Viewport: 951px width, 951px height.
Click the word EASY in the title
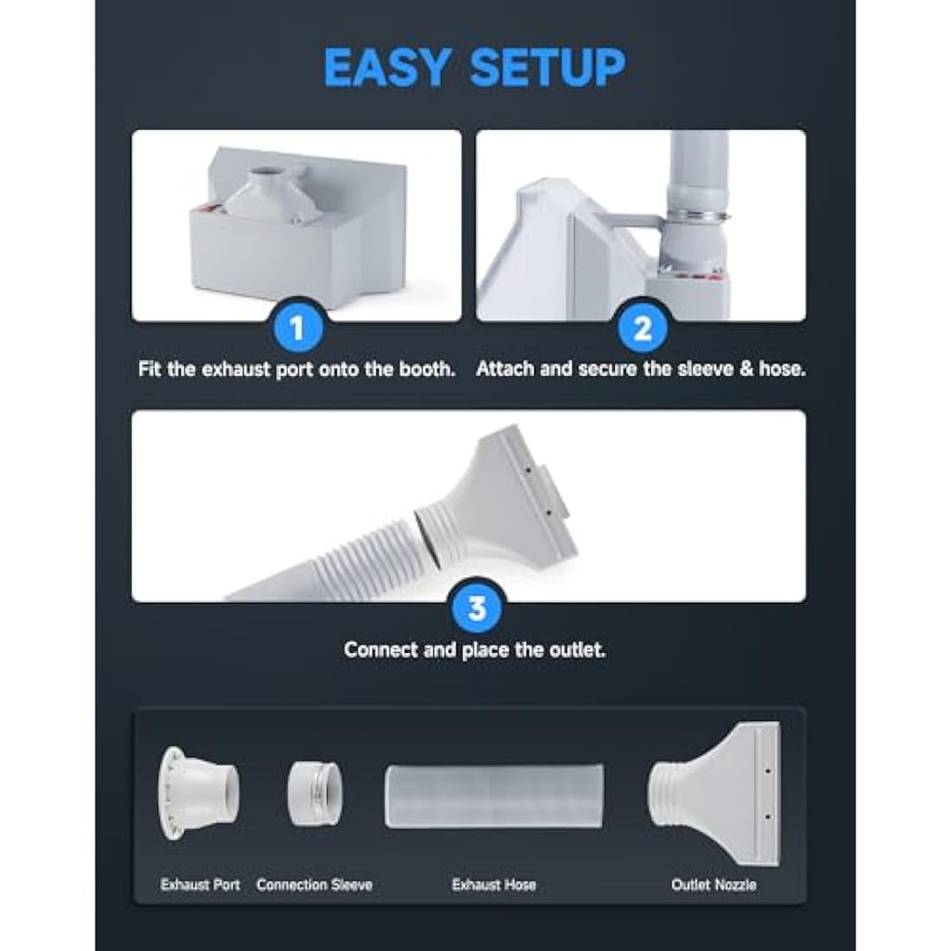pos(387,67)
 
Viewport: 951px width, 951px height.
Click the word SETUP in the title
pos(547,67)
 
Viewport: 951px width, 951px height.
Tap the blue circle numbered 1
pos(296,328)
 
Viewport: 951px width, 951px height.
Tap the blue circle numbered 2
pos(643,328)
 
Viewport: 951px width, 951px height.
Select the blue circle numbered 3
pos(477,608)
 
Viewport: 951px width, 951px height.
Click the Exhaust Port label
pos(201,885)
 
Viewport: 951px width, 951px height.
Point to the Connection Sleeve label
pos(314,885)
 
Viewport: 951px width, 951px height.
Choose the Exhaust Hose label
pos(494,885)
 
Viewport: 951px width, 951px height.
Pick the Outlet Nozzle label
pos(713,885)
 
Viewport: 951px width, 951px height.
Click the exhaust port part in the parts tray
pos(198,793)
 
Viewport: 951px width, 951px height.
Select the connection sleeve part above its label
pos(314,794)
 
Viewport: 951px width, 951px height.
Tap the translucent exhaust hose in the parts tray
pos(494,796)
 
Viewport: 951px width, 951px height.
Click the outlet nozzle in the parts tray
pos(714,794)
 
